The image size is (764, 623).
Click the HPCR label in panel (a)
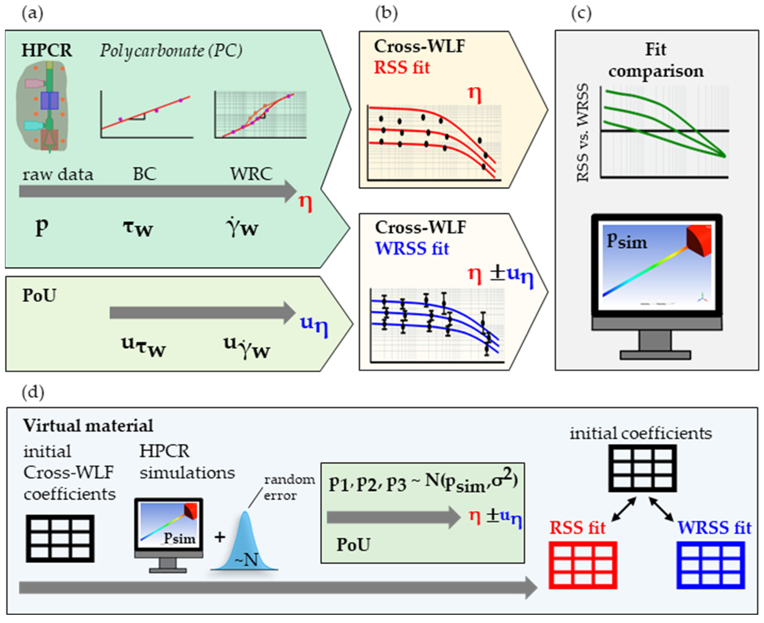47,50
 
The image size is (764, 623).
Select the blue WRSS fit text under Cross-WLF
412,249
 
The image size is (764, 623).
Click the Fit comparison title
656,60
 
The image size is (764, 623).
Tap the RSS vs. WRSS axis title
583,133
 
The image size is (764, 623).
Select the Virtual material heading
88,426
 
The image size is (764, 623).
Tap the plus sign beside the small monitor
220,537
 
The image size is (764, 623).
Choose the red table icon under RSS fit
583,565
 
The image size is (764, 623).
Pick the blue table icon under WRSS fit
711,565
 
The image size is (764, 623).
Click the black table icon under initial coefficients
642,468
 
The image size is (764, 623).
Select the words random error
289,487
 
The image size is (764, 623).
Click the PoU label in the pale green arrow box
39,296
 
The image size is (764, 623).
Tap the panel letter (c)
581,14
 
